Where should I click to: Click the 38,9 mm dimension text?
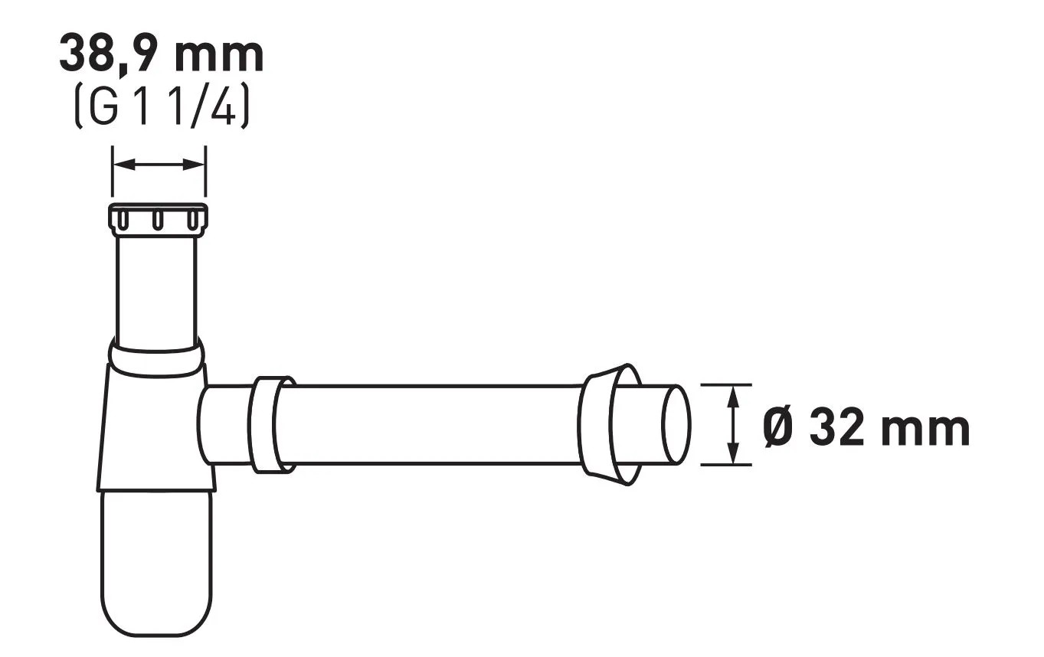pos(162,54)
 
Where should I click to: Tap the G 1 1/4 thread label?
pos(162,106)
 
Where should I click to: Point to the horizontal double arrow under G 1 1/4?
pos(159,165)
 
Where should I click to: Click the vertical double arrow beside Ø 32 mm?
pos(734,424)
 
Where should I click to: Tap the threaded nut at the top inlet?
pos(158,220)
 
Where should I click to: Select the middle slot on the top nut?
pos(158,220)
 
